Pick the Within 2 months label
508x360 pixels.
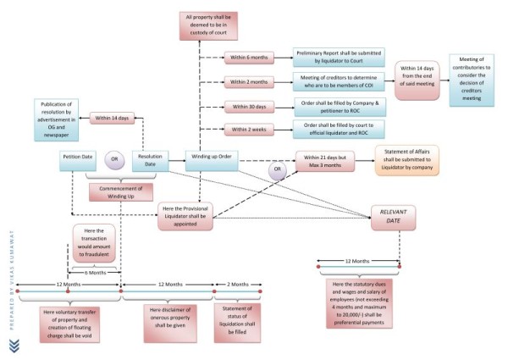point(249,81)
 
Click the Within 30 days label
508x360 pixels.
point(249,107)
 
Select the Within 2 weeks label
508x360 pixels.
point(249,129)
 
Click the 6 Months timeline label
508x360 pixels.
point(93,272)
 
